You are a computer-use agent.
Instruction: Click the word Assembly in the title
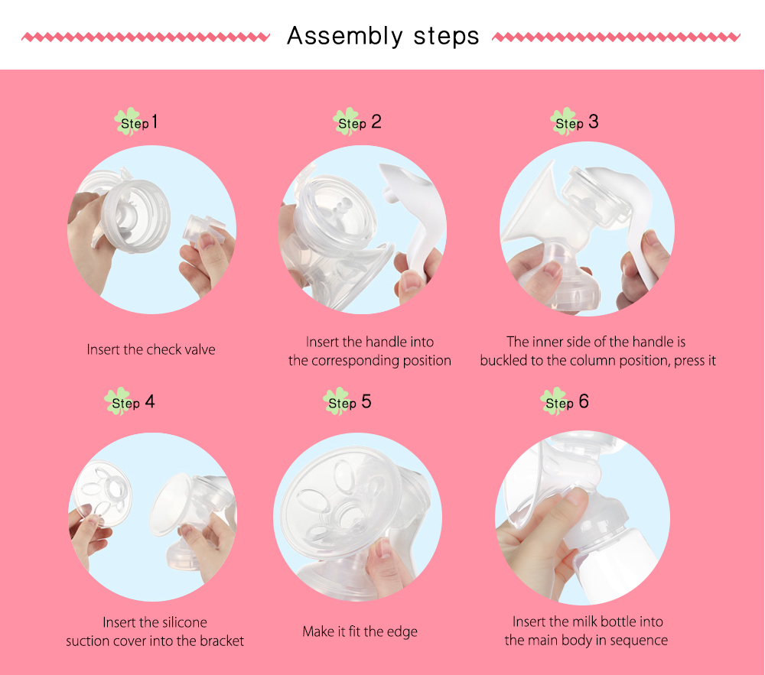click(x=345, y=37)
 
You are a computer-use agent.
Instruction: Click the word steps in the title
click(x=447, y=37)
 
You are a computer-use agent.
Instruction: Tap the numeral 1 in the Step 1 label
click(x=155, y=122)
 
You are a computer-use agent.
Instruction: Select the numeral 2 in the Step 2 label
click(x=376, y=122)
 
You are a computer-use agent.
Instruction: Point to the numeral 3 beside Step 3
click(x=594, y=122)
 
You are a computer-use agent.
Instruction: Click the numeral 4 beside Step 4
click(x=150, y=401)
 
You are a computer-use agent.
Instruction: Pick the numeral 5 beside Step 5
click(x=366, y=401)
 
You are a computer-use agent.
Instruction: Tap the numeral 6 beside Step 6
click(x=584, y=401)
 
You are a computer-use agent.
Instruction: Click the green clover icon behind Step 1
click(x=128, y=122)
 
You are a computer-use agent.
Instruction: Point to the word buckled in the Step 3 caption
click(x=503, y=361)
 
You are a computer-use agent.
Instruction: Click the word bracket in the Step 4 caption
click(x=222, y=641)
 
